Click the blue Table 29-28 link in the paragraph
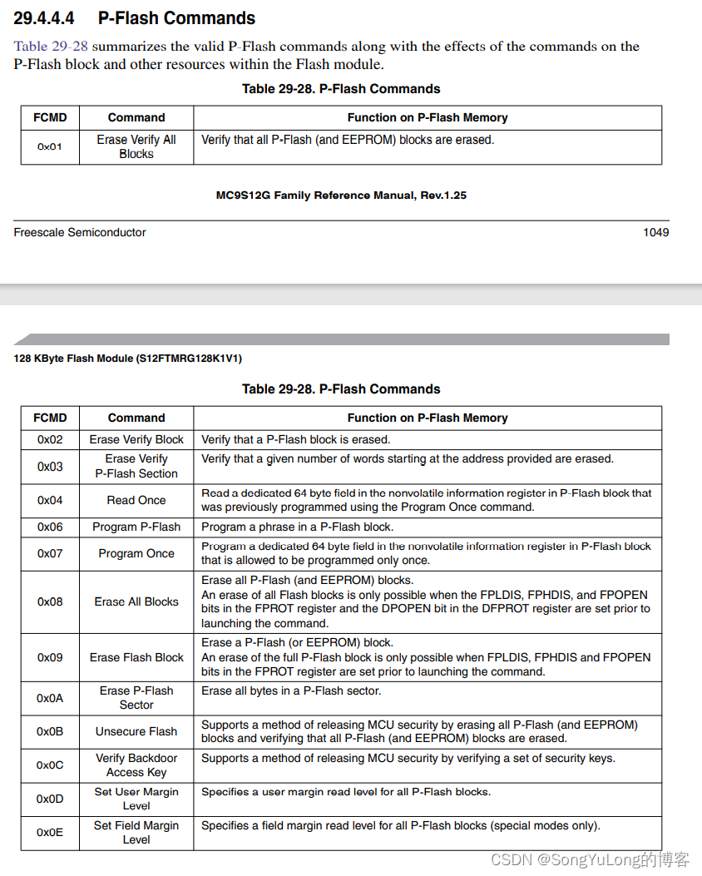tap(51, 47)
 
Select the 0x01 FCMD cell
tap(50, 146)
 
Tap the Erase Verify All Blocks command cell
tap(136, 146)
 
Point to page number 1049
tap(655, 232)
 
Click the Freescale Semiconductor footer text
tap(79, 232)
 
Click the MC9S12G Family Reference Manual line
tap(341, 195)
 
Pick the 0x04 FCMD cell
tap(50, 500)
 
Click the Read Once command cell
tap(136, 500)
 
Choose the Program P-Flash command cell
tap(136, 527)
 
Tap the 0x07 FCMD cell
tap(50, 553)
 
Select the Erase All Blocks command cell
tap(136, 601)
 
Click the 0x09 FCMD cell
tap(50, 657)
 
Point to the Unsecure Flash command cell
tap(136, 731)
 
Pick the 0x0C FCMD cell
tap(50, 765)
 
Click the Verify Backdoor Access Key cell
tap(136, 765)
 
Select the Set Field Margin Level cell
tap(136, 832)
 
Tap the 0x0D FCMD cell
tap(50, 799)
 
